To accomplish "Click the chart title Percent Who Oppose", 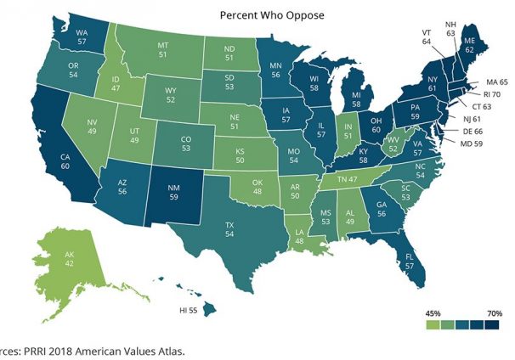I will click(256, 14).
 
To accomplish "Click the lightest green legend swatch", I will click(433, 324).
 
